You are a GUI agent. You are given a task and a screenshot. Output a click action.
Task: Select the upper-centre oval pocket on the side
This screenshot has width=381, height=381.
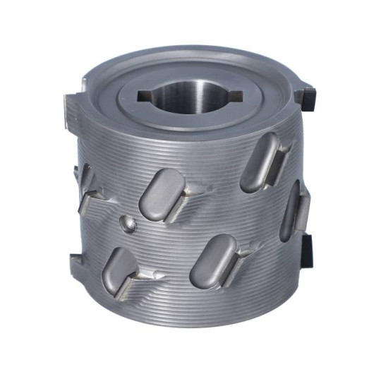click(x=162, y=193)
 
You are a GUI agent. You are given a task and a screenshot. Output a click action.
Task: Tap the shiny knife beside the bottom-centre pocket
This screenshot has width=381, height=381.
click(x=247, y=248)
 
